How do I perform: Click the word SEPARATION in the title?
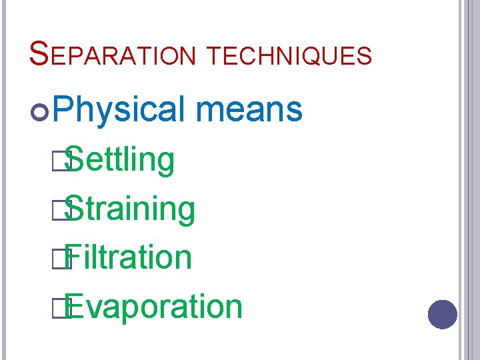click(113, 55)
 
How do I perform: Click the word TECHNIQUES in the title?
click(289, 56)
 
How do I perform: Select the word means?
click(250, 109)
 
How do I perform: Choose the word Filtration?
click(129, 257)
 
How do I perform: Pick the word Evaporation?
click(153, 307)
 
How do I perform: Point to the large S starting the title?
click(39, 53)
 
